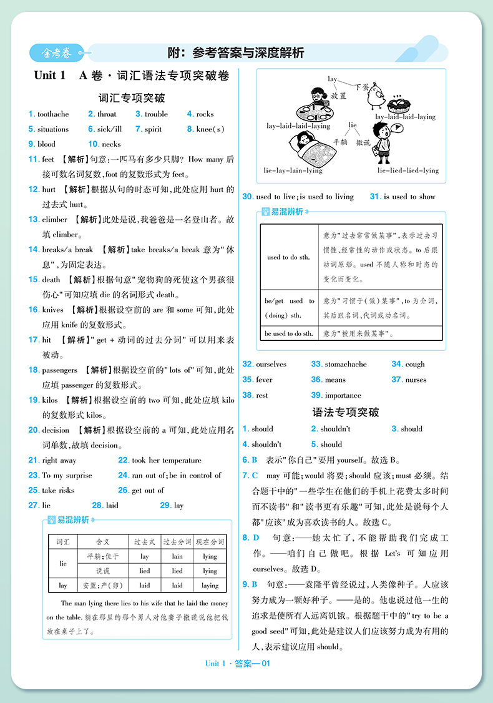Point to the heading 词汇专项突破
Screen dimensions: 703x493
[x=132, y=98]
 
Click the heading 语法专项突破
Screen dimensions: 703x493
[x=345, y=412]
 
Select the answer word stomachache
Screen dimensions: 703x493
[x=346, y=364]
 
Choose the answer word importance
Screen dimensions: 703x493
[x=343, y=395]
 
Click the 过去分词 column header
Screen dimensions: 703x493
[x=177, y=541]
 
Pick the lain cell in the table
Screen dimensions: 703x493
[x=177, y=556]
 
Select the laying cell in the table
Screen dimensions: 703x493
[x=210, y=586]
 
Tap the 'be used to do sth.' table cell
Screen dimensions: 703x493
[x=288, y=333]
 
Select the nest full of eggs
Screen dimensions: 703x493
[x=399, y=103]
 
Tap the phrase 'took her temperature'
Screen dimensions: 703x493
[x=167, y=460]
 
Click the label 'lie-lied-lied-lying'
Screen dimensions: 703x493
[x=408, y=170]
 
